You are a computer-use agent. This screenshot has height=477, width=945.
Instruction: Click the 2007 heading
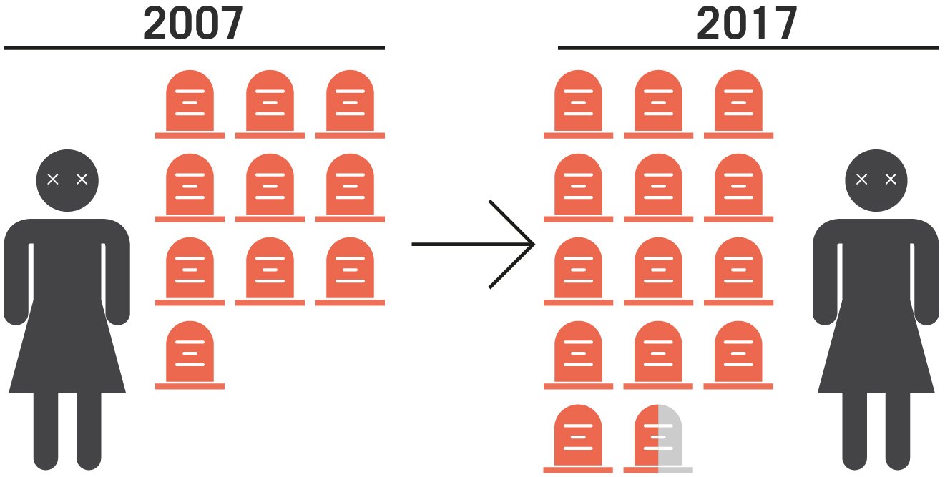pyautogui.click(x=193, y=24)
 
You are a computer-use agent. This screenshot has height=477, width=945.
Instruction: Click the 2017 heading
pyautogui.click(x=747, y=24)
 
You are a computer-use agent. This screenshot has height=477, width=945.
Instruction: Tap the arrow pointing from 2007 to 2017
pyautogui.click(x=474, y=245)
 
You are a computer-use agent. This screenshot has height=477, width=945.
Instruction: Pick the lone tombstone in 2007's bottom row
pyautogui.click(x=190, y=353)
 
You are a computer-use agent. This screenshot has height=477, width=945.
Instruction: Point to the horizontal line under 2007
pyautogui.click(x=193, y=49)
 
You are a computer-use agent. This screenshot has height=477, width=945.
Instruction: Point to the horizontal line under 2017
pyautogui.click(x=748, y=49)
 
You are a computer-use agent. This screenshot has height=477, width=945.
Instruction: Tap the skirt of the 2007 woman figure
pyautogui.click(x=67, y=350)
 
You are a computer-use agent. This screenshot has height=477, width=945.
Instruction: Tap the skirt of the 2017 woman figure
pyautogui.click(x=876, y=350)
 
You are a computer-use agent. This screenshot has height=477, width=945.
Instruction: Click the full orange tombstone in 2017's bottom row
pyautogui.click(x=578, y=436)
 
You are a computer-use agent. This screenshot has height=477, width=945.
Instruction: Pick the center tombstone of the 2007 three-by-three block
pyautogui.click(x=270, y=186)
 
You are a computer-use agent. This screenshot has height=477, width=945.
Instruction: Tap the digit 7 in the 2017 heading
pyautogui.click(x=785, y=24)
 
